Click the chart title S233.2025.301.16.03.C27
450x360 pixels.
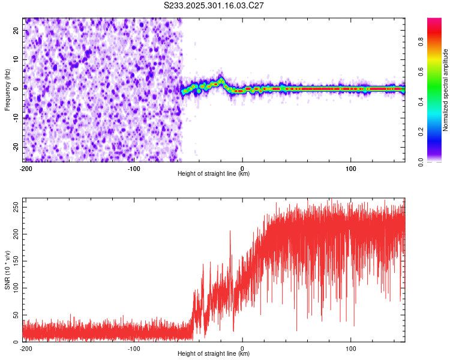click(214, 5)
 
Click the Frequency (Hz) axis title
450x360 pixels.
click(7, 89)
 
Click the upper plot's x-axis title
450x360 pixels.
click(214, 174)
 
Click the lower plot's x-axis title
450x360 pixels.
click(214, 353)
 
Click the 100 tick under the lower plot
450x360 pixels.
click(351, 348)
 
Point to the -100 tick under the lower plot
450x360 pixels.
click(134, 348)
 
